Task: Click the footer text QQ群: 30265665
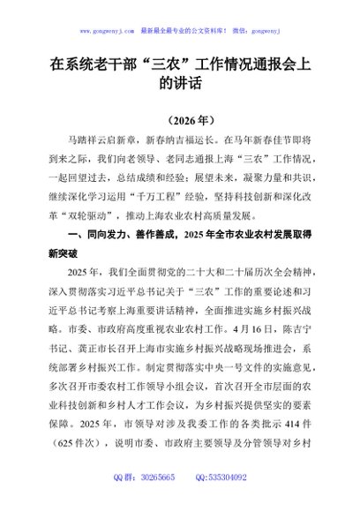point(139,501)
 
